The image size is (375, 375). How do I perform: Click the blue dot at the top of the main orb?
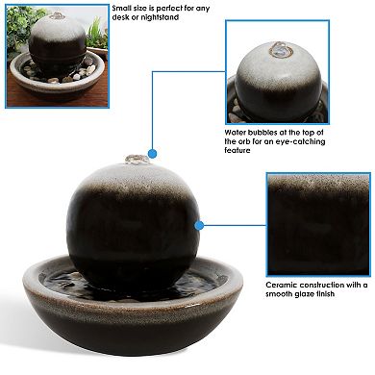[x=151, y=153]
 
